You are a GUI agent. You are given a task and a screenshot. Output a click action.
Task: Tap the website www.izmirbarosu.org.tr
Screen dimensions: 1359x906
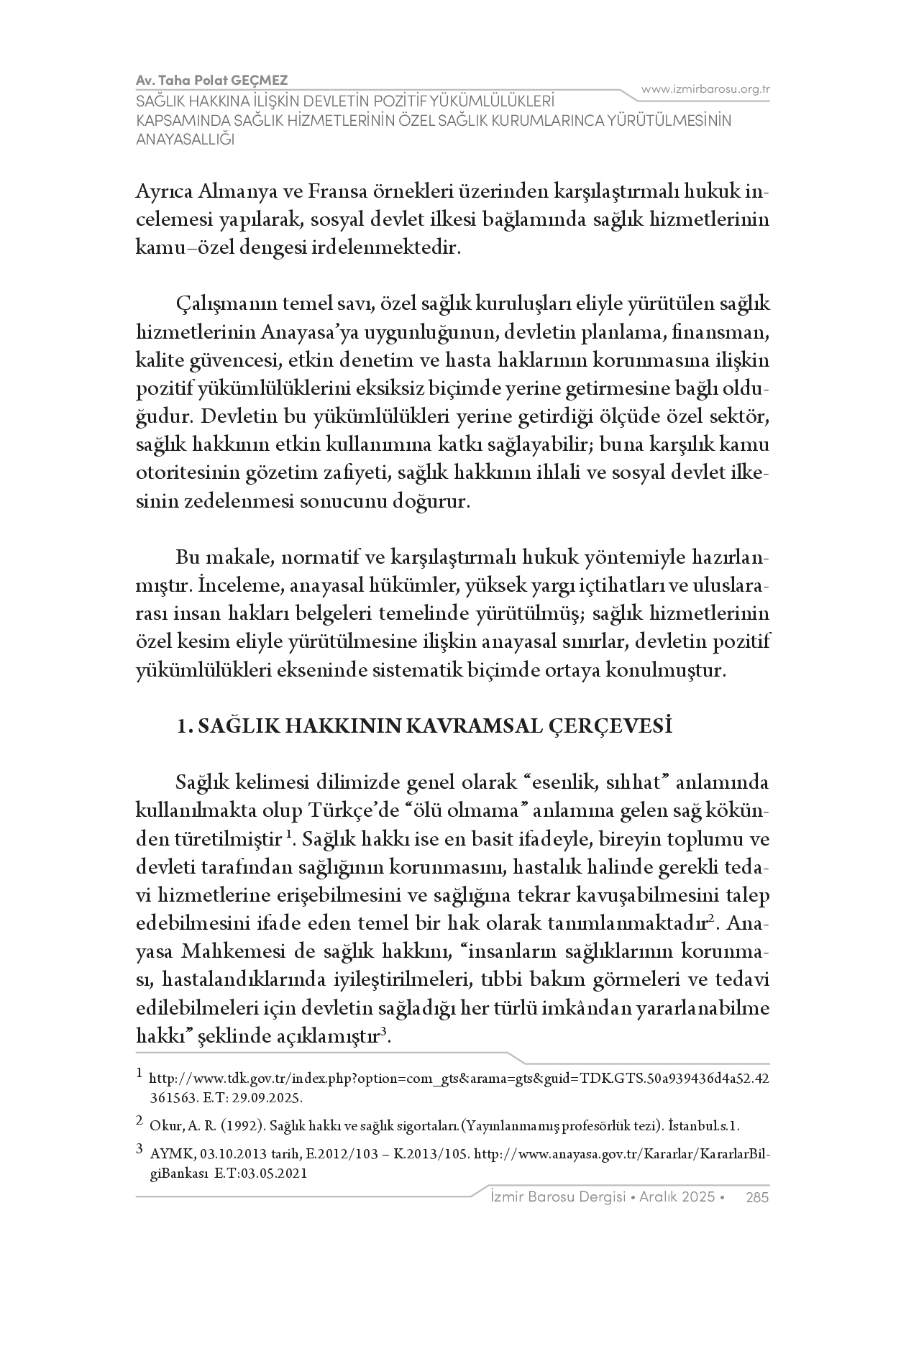705,89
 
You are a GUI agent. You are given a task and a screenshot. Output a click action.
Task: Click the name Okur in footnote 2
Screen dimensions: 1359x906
163,1125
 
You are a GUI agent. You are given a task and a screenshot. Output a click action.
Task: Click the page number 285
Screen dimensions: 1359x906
758,1197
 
